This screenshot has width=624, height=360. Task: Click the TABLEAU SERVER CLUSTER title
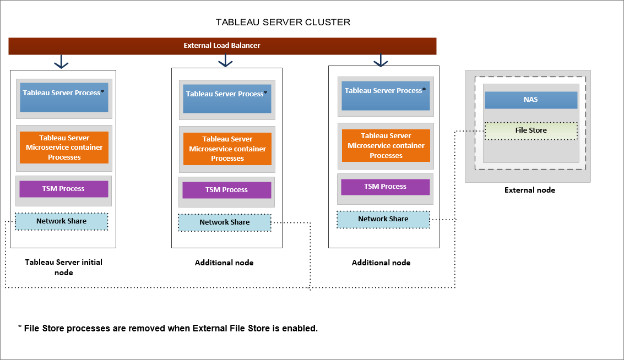[283, 23]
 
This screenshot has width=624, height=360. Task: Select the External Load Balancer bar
[222, 46]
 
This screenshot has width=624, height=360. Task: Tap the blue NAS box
[531, 100]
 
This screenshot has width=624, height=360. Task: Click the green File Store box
[531, 130]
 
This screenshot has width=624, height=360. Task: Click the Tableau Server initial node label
[63, 267]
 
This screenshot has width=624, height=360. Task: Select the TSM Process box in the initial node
[64, 189]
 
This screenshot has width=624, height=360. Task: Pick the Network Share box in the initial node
[61, 221]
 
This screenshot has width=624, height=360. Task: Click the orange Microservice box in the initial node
[64, 148]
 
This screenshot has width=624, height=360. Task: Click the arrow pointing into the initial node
[61, 62]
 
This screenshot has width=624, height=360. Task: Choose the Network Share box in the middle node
[225, 222]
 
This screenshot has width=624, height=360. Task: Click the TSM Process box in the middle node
[227, 190]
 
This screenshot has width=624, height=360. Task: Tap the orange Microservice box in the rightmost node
[386, 146]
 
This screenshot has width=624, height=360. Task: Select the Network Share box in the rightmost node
[383, 219]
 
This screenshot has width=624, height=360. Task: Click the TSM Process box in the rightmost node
[386, 187]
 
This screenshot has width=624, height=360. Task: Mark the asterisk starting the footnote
[20, 328]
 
